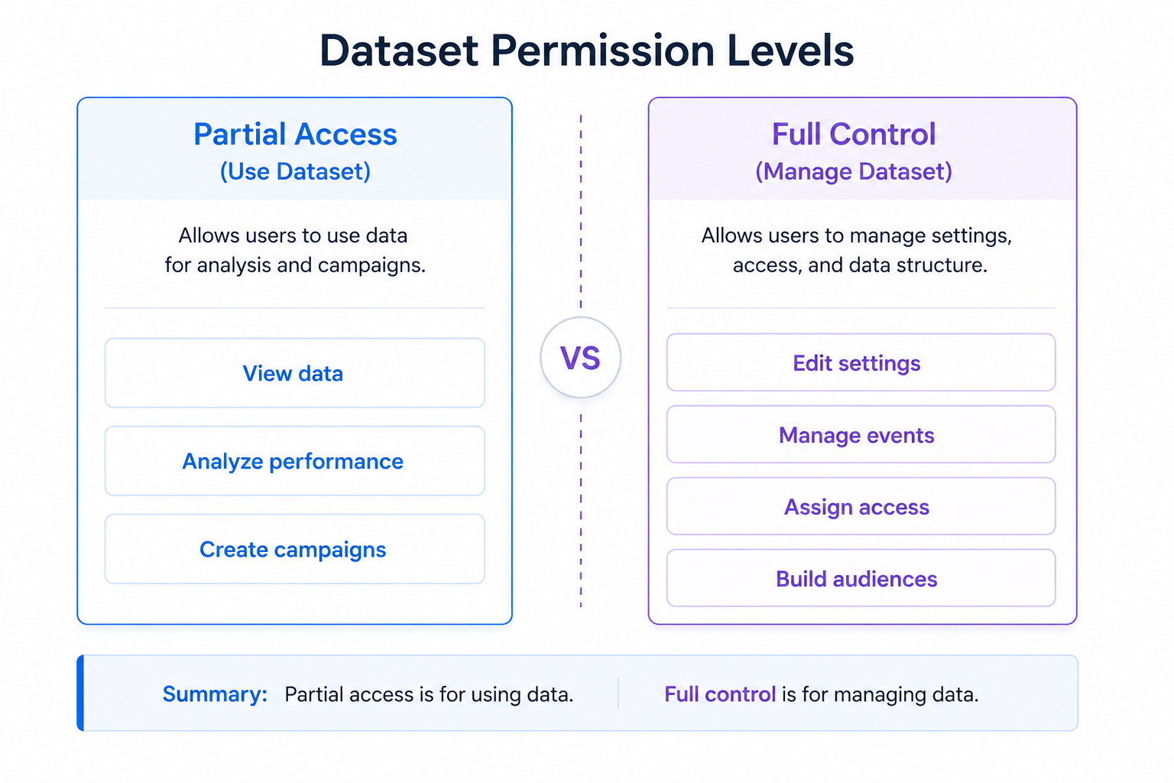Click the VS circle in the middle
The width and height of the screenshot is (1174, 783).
[580, 358]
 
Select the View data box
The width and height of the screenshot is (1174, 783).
[294, 373]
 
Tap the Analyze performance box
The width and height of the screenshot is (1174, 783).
[294, 461]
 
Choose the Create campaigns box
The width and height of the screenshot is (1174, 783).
[294, 549]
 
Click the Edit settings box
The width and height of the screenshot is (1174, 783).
[860, 362]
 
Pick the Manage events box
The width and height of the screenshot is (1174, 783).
[860, 434]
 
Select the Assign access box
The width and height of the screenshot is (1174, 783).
[860, 506]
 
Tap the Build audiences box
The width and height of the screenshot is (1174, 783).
[860, 578]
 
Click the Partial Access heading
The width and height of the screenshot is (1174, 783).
[295, 135]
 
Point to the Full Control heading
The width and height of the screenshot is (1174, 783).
[853, 135]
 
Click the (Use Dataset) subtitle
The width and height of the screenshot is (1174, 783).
[295, 171]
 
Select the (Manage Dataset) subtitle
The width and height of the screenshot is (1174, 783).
[853, 171]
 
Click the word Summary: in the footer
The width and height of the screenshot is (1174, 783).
[215, 694]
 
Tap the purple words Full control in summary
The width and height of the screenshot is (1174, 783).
[719, 694]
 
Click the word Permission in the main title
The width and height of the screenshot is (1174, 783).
[602, 51]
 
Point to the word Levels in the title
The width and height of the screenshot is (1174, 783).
[790, 51]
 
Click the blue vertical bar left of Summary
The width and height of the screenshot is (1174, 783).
[80, 693]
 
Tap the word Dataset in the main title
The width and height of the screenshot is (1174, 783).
[399, 51]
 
